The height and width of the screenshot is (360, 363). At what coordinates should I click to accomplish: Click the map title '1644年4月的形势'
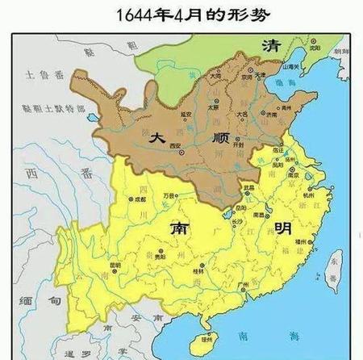tap(181, 14)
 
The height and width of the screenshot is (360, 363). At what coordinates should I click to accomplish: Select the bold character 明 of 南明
tap(262, 228)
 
